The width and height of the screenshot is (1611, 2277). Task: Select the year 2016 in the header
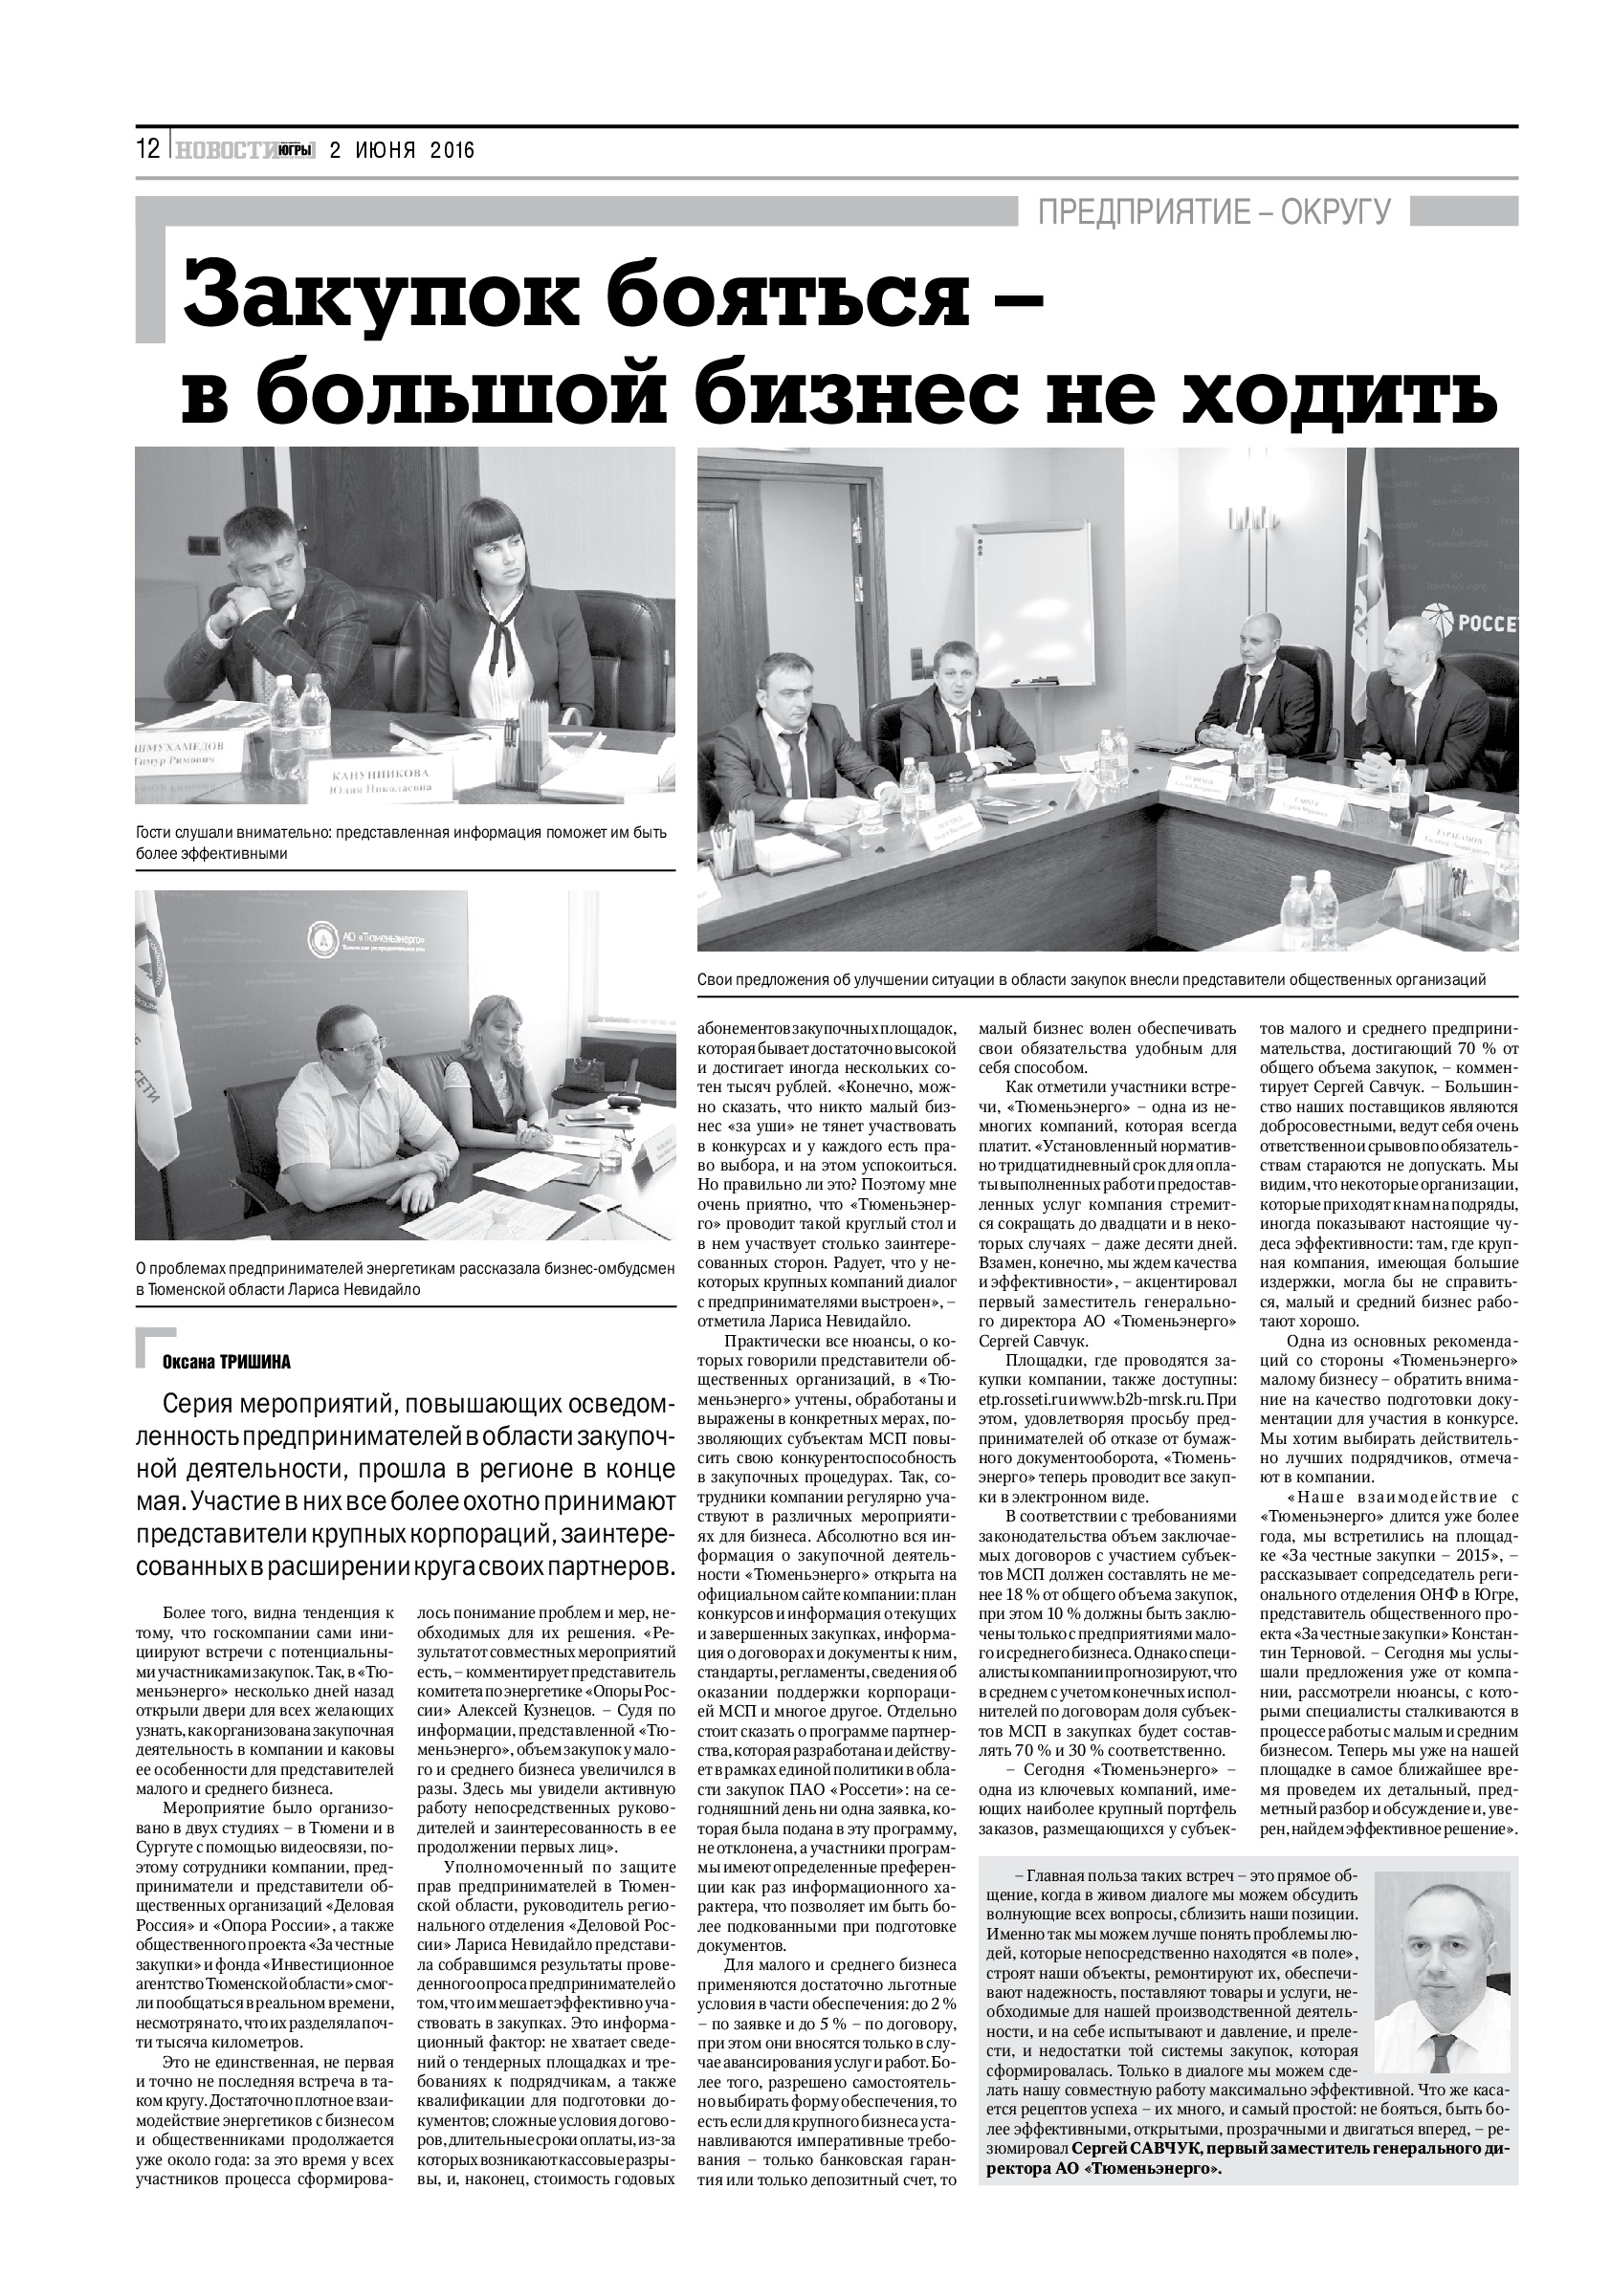(x=452, y=151)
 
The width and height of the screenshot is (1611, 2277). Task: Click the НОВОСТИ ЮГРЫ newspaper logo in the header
(x=244, y=150)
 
